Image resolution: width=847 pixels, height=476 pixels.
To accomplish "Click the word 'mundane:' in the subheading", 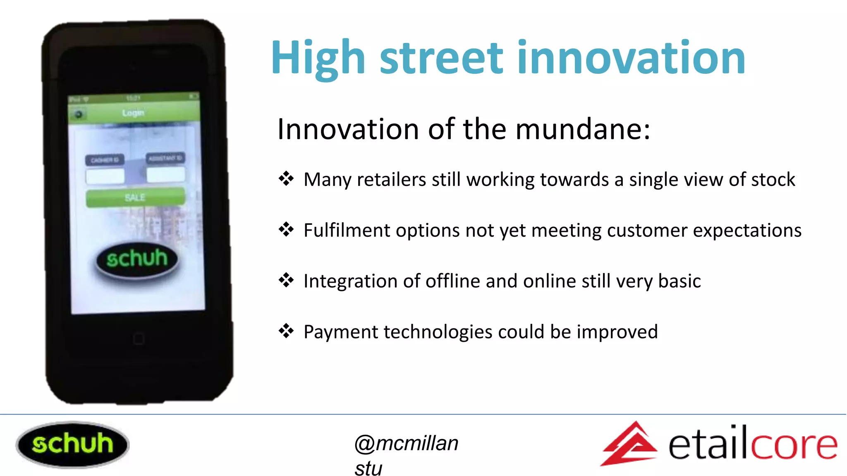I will [x=583, y=129].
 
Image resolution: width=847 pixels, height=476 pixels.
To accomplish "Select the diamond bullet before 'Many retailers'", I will [x=286, y=179].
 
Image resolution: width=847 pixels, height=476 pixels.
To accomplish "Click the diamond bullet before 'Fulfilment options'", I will [x=286, y=229].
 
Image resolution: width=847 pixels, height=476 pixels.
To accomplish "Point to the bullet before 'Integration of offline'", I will [x=286, y=280].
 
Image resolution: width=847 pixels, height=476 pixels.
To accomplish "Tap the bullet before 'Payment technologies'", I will [x=286, y=331].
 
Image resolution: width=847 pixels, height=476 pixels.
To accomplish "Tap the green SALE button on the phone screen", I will [x=135, y=198].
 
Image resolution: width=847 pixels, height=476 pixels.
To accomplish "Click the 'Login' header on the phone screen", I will [x=133, y=113].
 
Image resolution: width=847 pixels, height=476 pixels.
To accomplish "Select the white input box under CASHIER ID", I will [x=105, y=176].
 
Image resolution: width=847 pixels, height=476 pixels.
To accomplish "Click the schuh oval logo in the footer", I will [x=72, y=444].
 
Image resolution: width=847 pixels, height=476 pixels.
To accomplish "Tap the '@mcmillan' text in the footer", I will [x=406, y=443].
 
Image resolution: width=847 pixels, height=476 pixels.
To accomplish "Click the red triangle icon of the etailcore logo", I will [x=630, y=444].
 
